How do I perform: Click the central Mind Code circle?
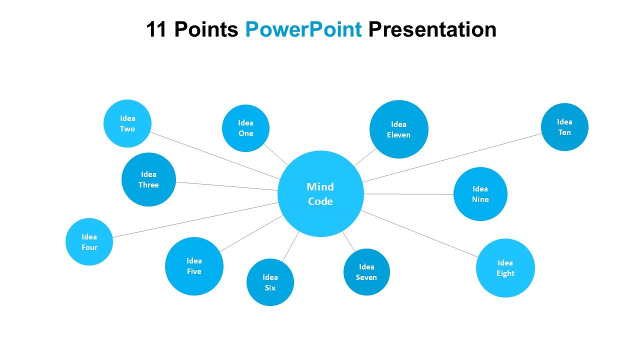click(x=320, y=193)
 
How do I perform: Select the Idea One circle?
click(x=245, y=128)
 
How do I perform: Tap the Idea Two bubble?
click(x=127, y=123)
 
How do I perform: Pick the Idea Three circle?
click(x=148, y=179)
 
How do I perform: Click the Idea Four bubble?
click(x=89, y=242)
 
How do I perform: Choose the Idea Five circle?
click(x=194, y=266)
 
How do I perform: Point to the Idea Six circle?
click(x=270, y=282)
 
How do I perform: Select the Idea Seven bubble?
click(x=366, y=272)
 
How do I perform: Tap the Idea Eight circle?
click(x=505, y=268)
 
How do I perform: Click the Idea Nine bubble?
click(x=480, y=194)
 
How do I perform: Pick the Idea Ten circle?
click(x=564, y=127)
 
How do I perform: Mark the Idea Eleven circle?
click(x=398, y=129)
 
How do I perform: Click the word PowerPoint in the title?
click(x=303, y=30)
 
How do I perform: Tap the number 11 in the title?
click(x=157, y=30)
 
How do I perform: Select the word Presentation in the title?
click(x=432, y=30)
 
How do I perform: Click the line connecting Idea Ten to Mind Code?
click(x=452, y=157)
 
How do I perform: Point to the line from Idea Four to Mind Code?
click(x=195, y=220)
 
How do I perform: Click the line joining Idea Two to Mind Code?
click(x=215, y=155)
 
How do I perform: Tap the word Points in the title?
click(x=206, y=30)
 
